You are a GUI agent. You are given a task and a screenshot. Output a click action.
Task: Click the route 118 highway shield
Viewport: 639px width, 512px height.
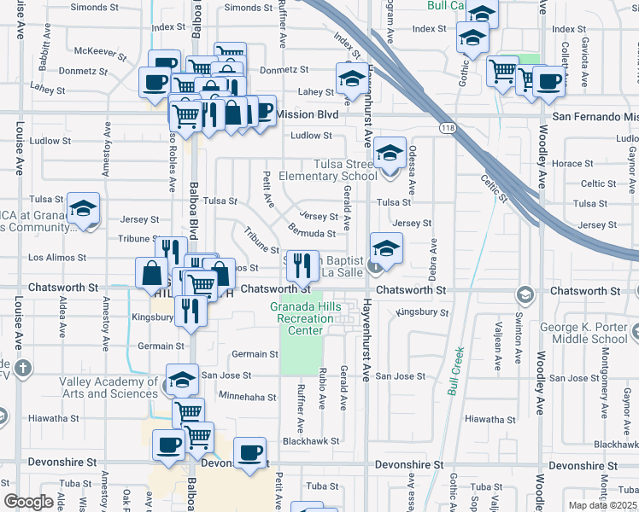(447, 128)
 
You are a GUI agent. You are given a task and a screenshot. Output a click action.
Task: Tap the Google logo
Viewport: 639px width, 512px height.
(28, 502)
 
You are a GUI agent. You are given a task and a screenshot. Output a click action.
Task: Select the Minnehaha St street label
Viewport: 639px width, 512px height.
(247, 397)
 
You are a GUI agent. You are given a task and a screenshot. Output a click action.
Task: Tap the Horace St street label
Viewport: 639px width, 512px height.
(566, 164)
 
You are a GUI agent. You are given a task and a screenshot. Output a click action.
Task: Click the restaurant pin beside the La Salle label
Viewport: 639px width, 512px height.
(299, 266)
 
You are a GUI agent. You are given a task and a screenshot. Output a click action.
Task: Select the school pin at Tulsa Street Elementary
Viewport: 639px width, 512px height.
(390, 154)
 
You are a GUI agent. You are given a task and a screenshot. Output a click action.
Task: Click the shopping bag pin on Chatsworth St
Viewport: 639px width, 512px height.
(151, 273)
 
